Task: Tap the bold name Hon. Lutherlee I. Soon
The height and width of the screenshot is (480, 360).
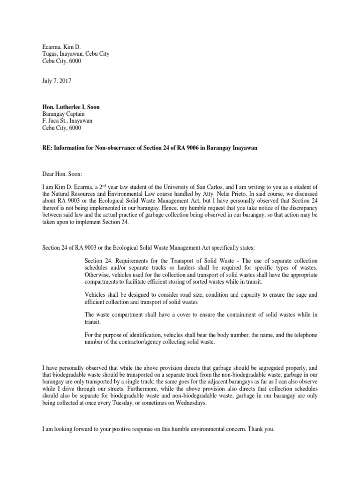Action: point(69,107)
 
